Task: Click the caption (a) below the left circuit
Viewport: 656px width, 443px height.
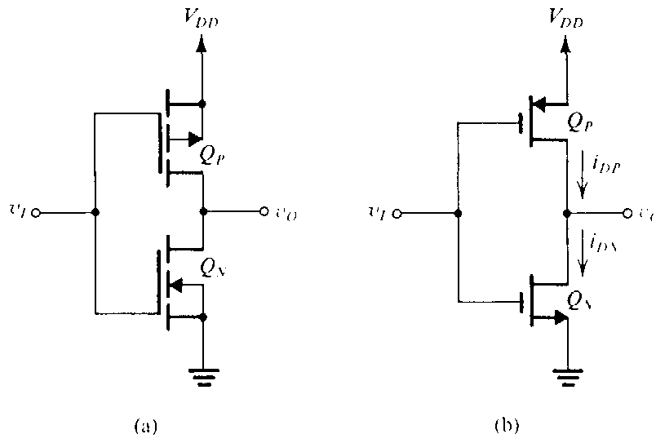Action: pyautogui.click(x=143, y=424)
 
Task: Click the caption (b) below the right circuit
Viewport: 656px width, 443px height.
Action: pyautogui.click(x=507, y=424)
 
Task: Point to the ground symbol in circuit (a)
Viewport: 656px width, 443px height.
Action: pyautogui.click(x=202, y=376)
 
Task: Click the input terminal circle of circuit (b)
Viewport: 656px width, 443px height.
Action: pyautogui.click(x=397, y=214)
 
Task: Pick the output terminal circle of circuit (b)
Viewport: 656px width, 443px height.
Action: pyautogui.click(x=627, y=214)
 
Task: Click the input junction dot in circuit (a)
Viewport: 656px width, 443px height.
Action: pyautogui.click(x=95, y=212)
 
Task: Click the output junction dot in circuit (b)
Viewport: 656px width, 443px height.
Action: pyautogui.click(x=565, y=214)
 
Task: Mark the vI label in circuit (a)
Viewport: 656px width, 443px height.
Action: pyautogui.click(x=18, y=212)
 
